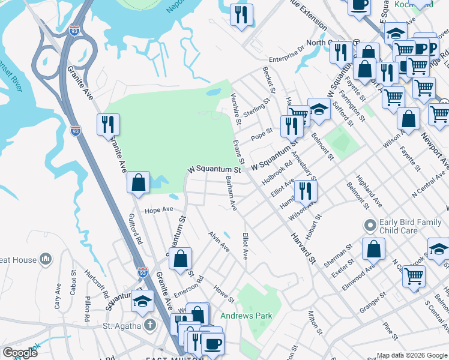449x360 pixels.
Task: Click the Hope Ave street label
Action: pyautogui.click(x=158, y=210)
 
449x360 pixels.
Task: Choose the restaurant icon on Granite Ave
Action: pyautogui.click(x=108, y=124)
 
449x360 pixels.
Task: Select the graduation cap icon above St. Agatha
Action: pyautogui.click(x=142, y=301)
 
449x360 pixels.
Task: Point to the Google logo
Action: pyautogui.click(x=20, y=352)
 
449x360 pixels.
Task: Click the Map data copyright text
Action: pyautogui.click(x=412, y=355)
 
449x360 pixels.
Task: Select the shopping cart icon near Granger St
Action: pyautogui.click(x=414, y=276)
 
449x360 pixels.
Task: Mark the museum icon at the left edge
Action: pyautogui.click(x=46, y=259)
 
